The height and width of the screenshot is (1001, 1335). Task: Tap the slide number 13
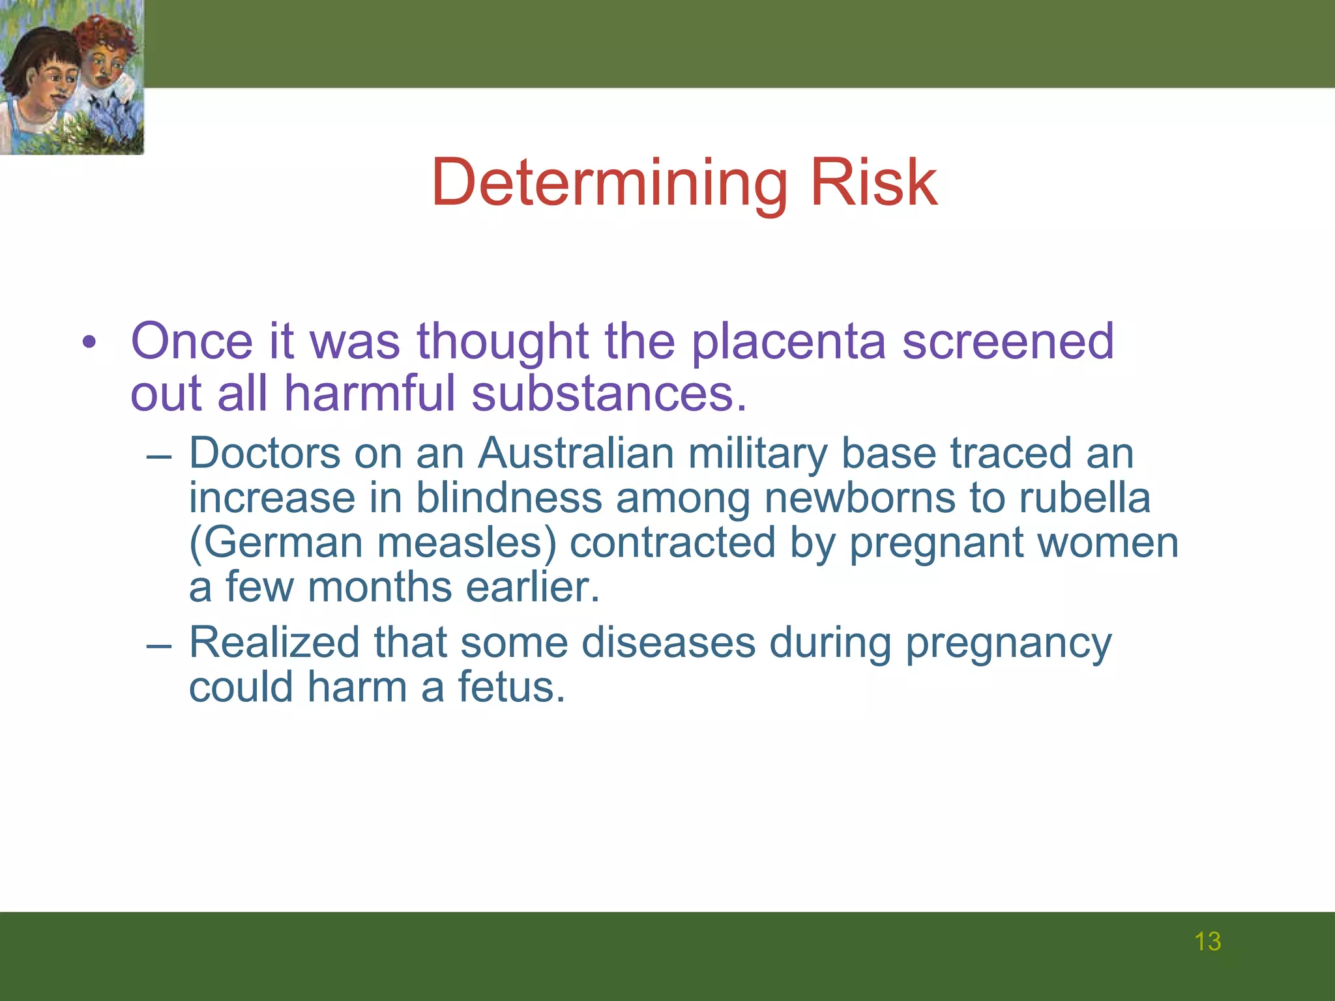pyautogui.click(x=1207, y=942)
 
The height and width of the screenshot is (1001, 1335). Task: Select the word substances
pyautogui.click(x=609, y=394)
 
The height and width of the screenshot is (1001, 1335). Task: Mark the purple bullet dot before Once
pyautogui.click(x=89, y=342)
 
